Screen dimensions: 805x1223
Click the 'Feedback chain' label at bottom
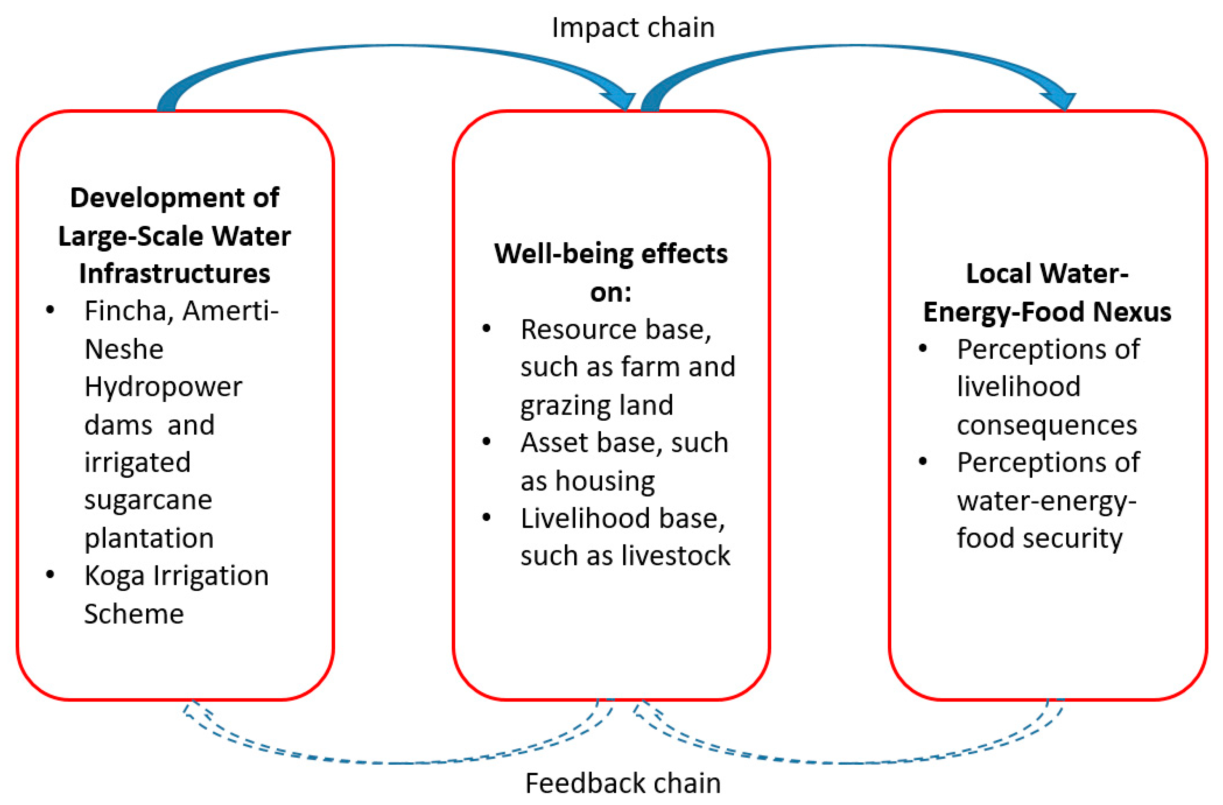(623, 783)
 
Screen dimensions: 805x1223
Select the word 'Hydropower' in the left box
(163, 387)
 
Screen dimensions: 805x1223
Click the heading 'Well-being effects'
(610, 254)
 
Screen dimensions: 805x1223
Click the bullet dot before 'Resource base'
(486, 328)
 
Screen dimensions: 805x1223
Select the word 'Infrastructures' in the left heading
(174, 273)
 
